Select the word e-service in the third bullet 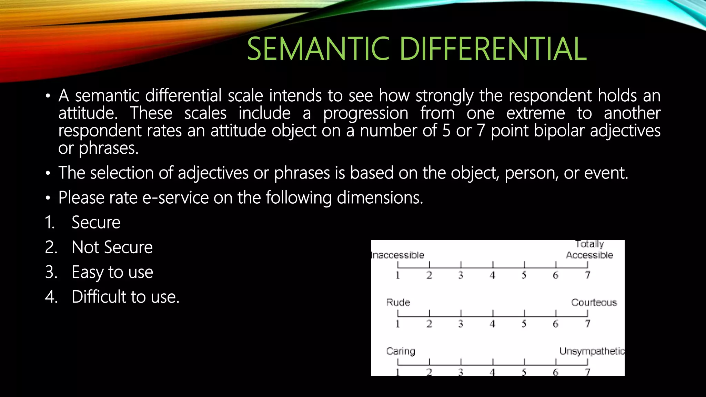pyautogui.click(x=175, y=198)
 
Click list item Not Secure pyautogui.click(x=112, y=247)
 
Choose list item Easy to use pyautogui.click(x=112, y=272)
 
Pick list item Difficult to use pyautogui.click(x=125, y=297)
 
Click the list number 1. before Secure pyautogui.click(x=50, y=223)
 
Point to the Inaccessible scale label pyautogui.click(x=397, y=255)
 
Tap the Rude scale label pyautogui.click(x=398, y=303)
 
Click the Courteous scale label pyautogui.click(x=594, y=303)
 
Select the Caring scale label pyautogui.click(x=401, y=351)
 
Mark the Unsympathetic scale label pyautogui.click(x=592, y=351)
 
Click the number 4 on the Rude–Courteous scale pyautogui.click(x=492, y=324)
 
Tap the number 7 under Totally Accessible pyautogui.click(x=587, y=275)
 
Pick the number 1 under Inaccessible pyautogui.click(x=398, y=275)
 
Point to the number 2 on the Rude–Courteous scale pyautogui.click(x=429, y=324)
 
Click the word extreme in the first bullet pyautogui.click(x=535, y=113)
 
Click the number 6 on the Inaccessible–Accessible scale pyautogui.click(x=555, y=275)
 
